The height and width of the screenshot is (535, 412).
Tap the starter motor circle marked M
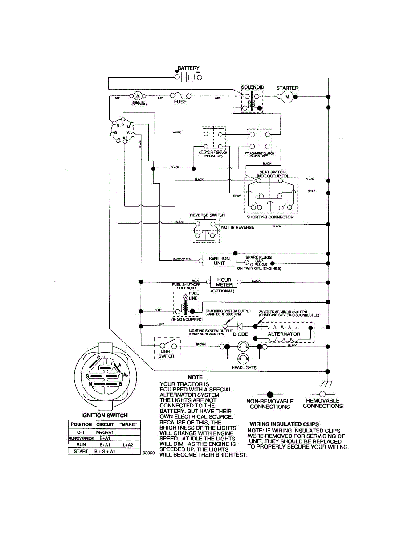tap(287, 96)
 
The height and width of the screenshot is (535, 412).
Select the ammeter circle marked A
tap(138, 96)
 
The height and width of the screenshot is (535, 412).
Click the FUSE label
tap(180, 102)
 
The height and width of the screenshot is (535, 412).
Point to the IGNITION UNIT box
tap(219, 261)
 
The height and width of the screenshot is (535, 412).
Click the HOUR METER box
tap(224, 282)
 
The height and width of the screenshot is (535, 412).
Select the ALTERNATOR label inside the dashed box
tap(284, 334)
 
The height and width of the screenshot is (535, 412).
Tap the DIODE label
tap(241, 334)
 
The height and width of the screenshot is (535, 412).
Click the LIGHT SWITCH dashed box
tap(167, 348)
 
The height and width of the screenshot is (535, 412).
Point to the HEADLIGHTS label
tap(244, 368)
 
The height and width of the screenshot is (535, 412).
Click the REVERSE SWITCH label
tap(207, 215)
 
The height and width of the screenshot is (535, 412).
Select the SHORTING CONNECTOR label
tap(270, 217)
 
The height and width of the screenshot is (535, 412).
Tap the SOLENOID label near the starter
tap(253, 87)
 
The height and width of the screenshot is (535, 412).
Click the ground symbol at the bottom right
tap(328, 383)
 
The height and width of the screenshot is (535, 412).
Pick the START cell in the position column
tap(81, 452)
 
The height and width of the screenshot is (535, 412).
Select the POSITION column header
tap(81, 424)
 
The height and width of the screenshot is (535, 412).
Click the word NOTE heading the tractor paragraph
tap(195, 377)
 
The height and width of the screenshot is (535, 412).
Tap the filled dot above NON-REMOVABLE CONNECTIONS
tap(269, 394)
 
